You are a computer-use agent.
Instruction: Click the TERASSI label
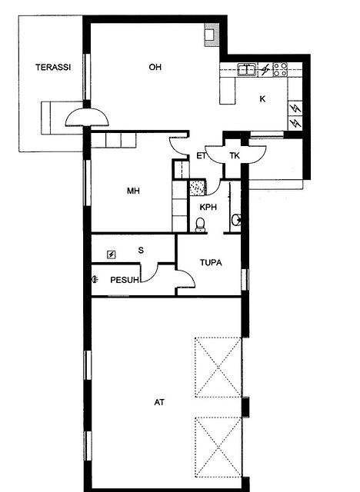pyautogui.click(x=53, y=67)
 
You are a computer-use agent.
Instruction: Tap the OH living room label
pyautogui.click(x=155, y=67)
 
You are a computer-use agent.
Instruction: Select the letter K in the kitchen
pyautogui.click(x=262, y=99)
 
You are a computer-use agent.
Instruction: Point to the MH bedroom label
pyautogui.click(x=133, y=191)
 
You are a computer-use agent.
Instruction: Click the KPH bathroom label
pyautogui.click(x=208, y=207)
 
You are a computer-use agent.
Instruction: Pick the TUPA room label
pyautogui.click(x=211, y=262)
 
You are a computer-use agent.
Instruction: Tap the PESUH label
pyautogui.click(x=125, y=280)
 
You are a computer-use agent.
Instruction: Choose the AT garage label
pyautogui.click(x=159, y=402)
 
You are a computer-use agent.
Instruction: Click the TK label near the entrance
pyautogui.click(x=235, y=155)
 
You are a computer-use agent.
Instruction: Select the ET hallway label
pyautogui.click(x=202, y=155)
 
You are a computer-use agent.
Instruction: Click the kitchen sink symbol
pyautogui.click(x=248, y=70)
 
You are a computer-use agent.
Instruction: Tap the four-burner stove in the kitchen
pyautogui.click(x=280, y=70)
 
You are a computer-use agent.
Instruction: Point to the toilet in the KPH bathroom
pyautogui.click(x=201, y=224)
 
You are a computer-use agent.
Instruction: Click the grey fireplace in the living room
pyautogui.click(x=212, y=35)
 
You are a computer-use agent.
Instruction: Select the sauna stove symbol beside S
pyautogui.click(x=112, y=254)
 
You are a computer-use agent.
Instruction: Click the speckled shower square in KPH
pyautogui.click(x=197, y=188)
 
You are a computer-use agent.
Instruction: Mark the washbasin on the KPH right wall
pyautogui.click(x=236, y=220)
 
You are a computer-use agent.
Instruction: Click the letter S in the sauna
pyautogui.click(x=141, y=250)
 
